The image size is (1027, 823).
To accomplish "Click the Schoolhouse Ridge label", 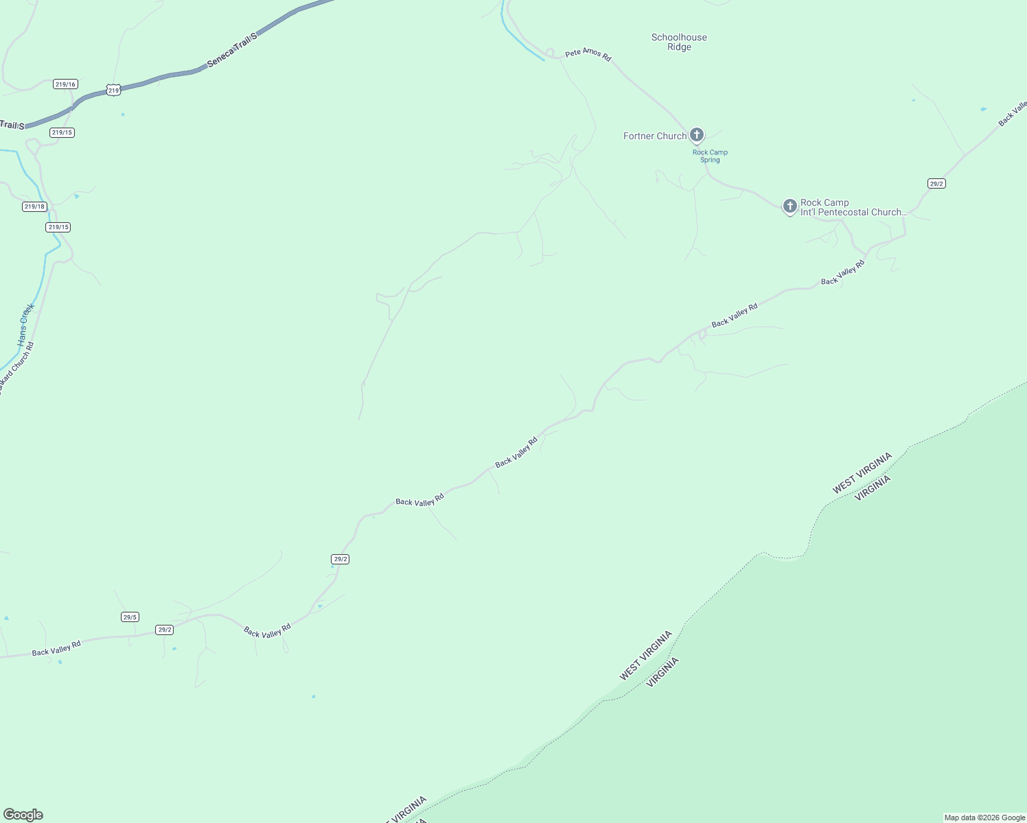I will pos(679,42).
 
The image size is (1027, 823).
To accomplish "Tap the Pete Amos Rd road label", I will pos(588,55).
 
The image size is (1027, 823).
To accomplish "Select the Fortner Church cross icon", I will pos(697,135).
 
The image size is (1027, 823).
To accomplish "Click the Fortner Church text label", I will pos(654,136).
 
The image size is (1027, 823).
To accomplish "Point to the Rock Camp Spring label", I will pos(710,156).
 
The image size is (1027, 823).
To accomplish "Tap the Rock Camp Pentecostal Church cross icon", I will pos(789,206).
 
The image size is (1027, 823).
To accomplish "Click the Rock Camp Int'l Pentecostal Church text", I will pos(853,207).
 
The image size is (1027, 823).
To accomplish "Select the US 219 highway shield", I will pos(114,90).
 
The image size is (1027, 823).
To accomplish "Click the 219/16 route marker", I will pos(65,84).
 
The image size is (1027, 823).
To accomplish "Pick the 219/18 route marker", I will pos(34,206).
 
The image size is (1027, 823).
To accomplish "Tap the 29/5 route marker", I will pos(130,617).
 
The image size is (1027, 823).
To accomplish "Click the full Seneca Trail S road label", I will pos(231,49).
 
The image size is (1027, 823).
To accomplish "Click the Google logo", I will pos(23,815).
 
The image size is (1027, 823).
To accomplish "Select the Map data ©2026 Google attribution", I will pos(984,818).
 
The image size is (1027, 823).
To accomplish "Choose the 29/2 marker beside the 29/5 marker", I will pos(164,630).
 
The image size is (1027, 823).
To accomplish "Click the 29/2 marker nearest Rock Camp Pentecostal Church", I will pos(936,183).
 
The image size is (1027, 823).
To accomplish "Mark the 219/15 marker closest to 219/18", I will pos(58,227).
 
